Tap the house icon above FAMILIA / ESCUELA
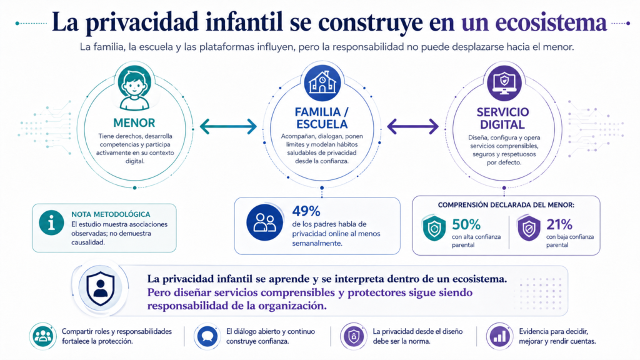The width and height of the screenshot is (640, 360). (322, 83)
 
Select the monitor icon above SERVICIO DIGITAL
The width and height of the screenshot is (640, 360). (504, 83)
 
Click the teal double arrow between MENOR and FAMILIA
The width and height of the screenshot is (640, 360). (228, 126)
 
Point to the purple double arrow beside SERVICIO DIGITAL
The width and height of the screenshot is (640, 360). (412, 126)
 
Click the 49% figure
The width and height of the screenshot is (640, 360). (306, 211)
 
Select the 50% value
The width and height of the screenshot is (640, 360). (466, 224)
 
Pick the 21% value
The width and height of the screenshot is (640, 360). (559, 224)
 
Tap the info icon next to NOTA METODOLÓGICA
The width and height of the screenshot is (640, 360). (51, 223)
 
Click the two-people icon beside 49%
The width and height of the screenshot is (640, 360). (264, 222)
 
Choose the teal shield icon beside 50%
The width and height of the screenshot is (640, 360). (434, 227)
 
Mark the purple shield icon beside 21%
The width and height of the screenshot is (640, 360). (529, 227)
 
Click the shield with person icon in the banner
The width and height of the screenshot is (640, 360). (101, 289)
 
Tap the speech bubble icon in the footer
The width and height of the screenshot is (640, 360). (207, 337)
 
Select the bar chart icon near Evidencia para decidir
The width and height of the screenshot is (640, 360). (499, 337)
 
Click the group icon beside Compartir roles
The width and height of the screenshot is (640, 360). (42, 337)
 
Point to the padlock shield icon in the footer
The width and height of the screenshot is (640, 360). (354, 337)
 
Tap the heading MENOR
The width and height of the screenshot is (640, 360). (134, 123)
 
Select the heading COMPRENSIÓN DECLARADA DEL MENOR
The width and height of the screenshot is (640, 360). (506, 205)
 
